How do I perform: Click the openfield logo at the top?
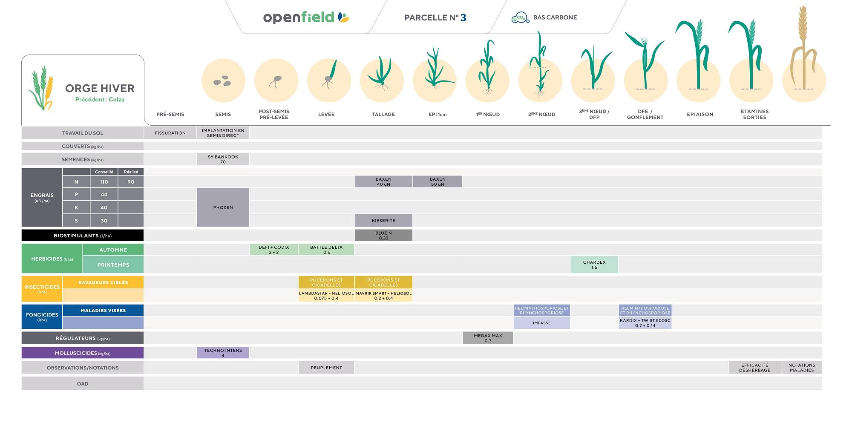point(306,17)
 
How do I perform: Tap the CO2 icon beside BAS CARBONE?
point(520,17)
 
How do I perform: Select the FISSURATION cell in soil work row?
point(170,133)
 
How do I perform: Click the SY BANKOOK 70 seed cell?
point(223,159)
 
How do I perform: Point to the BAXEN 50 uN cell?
point(438,181)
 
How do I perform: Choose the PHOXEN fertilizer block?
point(223,207)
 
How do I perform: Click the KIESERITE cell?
point(383,221)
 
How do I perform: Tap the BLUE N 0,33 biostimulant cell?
point(383,236)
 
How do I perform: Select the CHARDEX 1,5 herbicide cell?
point(594,265)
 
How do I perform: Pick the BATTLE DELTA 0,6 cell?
point(326,250)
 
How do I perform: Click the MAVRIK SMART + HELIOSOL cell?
point(383,296)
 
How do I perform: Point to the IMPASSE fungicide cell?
point(542,323)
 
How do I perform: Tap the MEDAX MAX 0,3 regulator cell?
point(488,338)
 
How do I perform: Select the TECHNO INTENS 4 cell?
point(223,353)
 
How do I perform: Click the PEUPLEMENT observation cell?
point(326,368)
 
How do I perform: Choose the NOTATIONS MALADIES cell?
point(802,368)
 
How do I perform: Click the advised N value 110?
point(104,182)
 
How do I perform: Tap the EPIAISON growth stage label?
point(700,115)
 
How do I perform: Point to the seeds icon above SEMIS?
point(222,81)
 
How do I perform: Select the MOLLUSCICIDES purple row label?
point(83,353)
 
